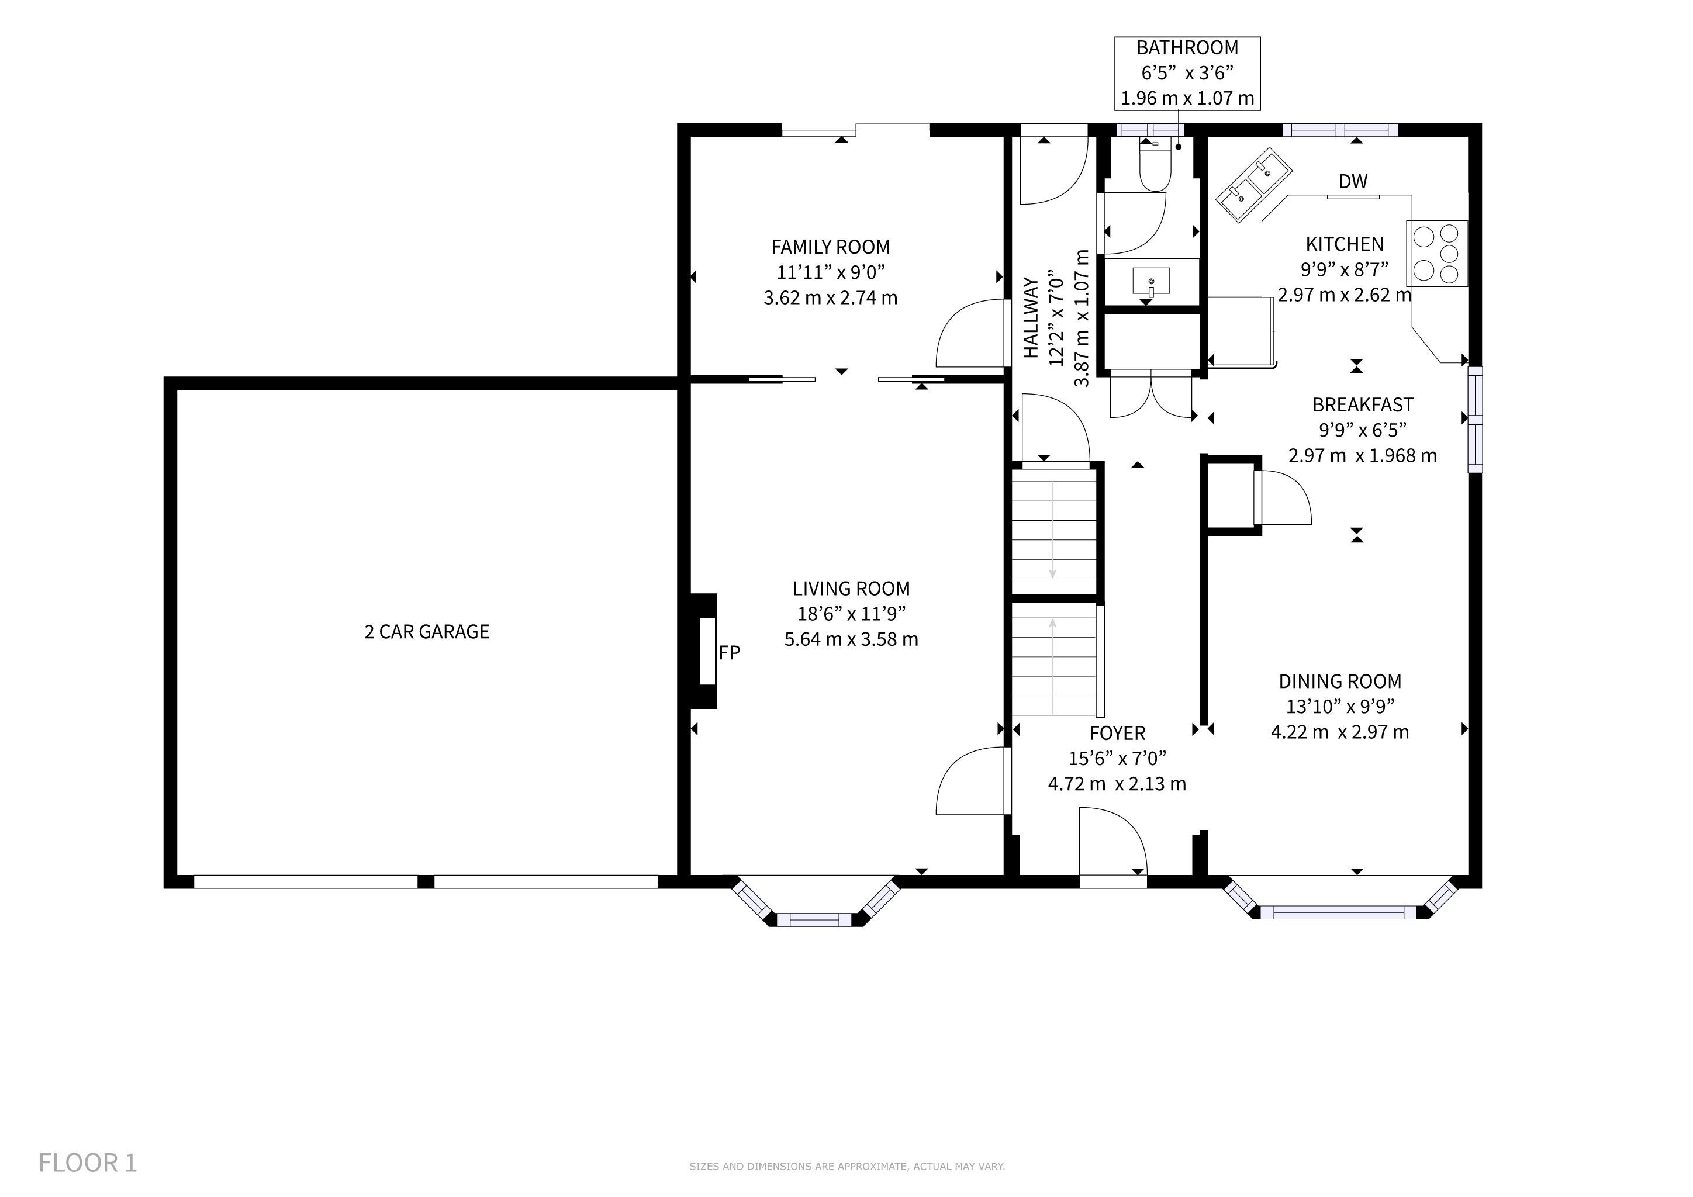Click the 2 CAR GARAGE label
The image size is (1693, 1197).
[x=426, y=632]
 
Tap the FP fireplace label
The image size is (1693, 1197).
[x=729, y=652]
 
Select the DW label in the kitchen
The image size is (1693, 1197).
[x=1353, y=181]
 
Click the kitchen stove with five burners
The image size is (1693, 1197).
[x=1436, y=254]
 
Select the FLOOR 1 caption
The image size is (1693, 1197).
[x=88, y=1163]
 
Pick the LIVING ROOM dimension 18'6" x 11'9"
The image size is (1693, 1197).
[x=851, y=614]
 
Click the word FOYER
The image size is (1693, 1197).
[x=1117, y=734]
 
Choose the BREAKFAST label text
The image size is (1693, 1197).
[x=1363, y=404]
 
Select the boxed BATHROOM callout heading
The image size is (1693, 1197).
[x=1187, y=48]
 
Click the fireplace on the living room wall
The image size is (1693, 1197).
[x=703, y=652]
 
